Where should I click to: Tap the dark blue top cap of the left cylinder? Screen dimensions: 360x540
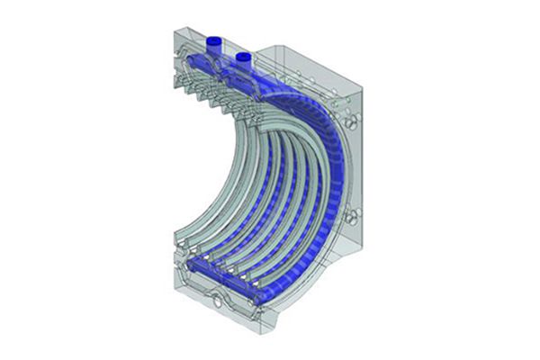point(216,40)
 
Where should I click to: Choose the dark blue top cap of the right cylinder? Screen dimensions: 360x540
point(242,55)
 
